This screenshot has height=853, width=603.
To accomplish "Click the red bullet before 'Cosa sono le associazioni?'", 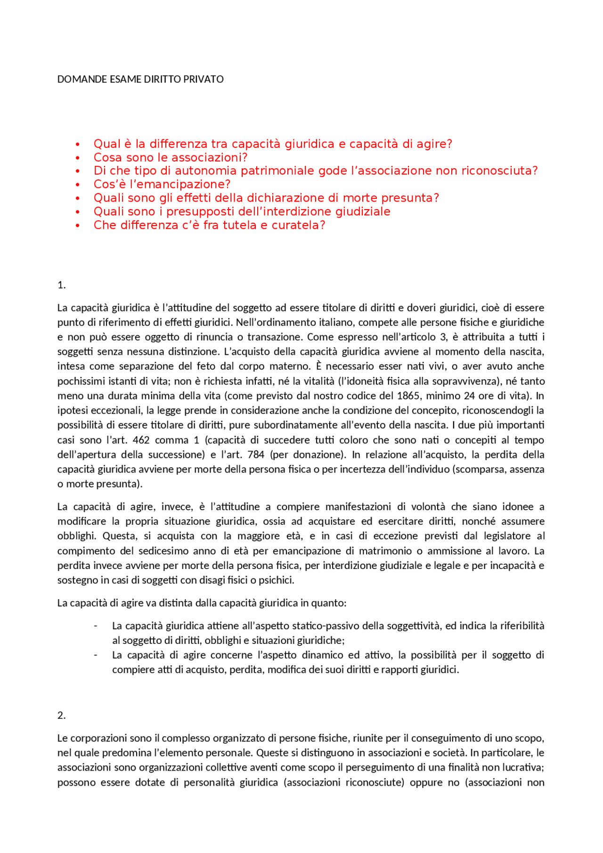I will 78,158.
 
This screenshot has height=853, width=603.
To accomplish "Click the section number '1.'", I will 61,285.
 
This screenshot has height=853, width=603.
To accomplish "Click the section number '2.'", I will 61,715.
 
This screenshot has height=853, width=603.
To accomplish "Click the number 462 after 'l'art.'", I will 141,440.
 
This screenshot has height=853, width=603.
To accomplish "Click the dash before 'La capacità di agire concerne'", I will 96,655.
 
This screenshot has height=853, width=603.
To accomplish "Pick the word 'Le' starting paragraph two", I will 62,738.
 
